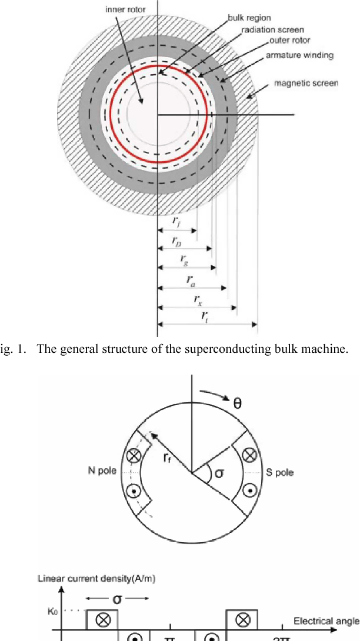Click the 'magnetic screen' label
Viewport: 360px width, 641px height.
(306, 84)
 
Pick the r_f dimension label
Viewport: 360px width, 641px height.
(177, 222)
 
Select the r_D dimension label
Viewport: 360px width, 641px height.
(177, 241)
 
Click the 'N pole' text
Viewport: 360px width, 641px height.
(102, 472)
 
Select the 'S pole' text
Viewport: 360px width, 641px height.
(279, 472)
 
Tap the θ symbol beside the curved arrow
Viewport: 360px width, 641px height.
(237, 403)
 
